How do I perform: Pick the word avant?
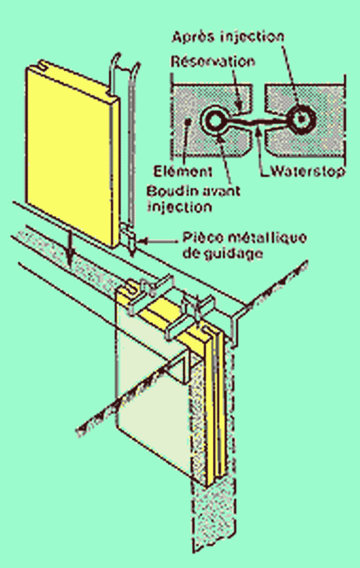(217, 191)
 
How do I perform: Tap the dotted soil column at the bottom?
(211, 518)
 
